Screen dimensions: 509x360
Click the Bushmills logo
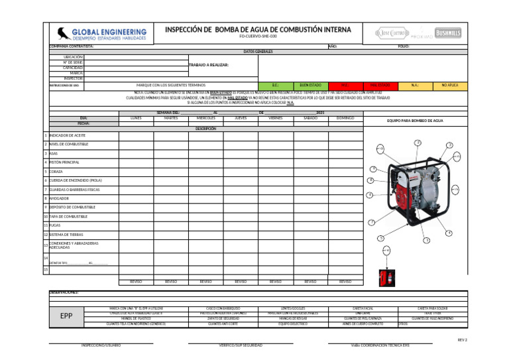[x=448, y=33]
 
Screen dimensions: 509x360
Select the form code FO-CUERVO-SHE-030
[x=258, y=36]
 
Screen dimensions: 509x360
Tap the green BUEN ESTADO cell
[x=310, y=86]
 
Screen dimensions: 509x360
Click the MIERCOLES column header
[x=206, y=117]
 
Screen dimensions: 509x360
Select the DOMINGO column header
[x=345, y=117]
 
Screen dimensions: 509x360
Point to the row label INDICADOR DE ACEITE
[x=67, y=135]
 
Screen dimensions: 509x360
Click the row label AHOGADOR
[x=59, y=198]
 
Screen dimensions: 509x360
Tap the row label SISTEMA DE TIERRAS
[x=66, y=234]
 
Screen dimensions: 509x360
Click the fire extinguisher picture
[x=384, y=278]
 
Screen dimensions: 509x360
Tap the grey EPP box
[x=66, y=316]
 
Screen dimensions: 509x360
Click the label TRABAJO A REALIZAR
[x=209, y=65]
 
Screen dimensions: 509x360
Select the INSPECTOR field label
[x=73, y=78]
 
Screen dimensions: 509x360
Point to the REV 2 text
[x=462, y=340]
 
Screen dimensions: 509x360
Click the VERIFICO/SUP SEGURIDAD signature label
[x=241, y=345]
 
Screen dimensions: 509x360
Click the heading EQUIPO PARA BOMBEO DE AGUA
[x=415, y=121]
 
